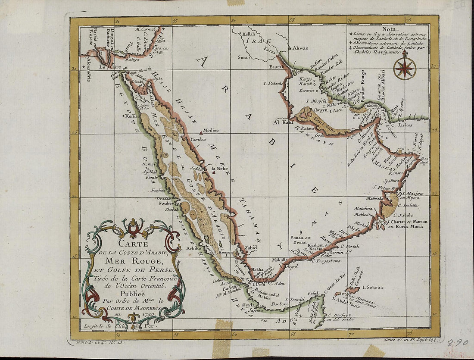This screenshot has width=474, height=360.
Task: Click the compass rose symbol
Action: (x=405, y=68)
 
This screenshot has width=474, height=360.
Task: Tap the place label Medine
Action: (x=210, y=130)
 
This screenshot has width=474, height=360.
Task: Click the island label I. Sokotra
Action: (x=373, y=287)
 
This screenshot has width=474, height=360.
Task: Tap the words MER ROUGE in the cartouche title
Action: (x=128, y=261)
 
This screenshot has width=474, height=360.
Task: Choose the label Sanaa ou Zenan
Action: (x=301, y=239)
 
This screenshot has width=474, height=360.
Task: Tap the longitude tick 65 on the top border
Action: (x=292, y=20)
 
